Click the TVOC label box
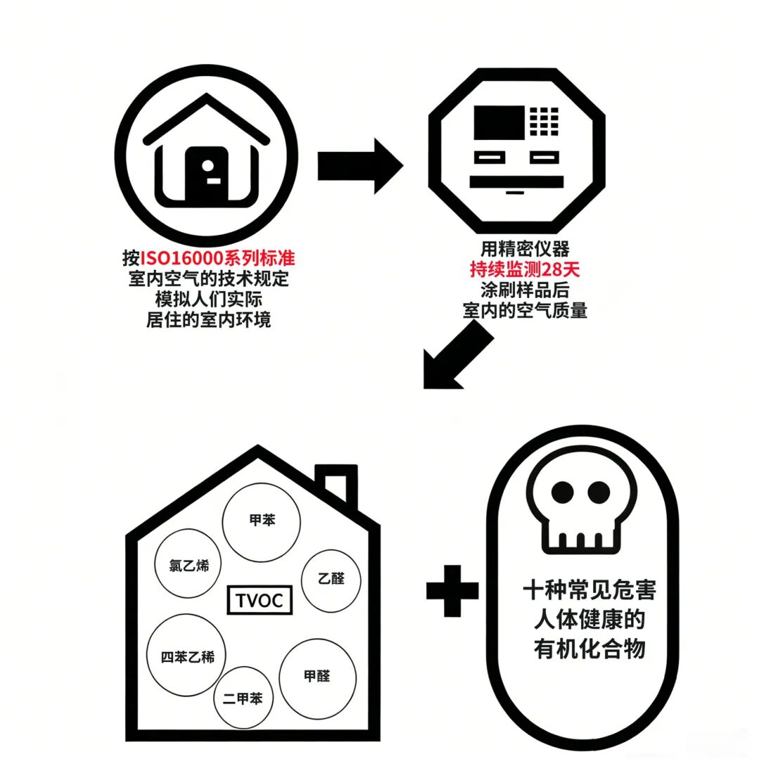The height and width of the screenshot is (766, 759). (x=259, y=600)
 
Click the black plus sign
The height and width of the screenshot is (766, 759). (x=453, y=590)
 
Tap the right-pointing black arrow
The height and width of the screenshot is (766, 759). (x=361, y=166)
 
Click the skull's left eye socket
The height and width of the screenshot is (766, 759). (x=562, y=492)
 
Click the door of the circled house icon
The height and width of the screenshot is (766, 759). (x=207, y=174)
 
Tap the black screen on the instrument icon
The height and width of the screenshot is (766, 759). (x=499, y=122)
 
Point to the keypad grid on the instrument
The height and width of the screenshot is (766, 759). (x=544, y=121)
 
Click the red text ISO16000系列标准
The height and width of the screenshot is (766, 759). (x=218, y=258)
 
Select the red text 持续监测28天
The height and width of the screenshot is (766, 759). (x=524, y=269)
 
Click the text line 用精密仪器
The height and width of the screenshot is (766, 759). (x=525, y=249)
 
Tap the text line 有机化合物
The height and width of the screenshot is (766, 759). (x=590, y=649)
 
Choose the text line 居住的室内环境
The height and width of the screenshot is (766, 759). (x=209, y=320)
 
